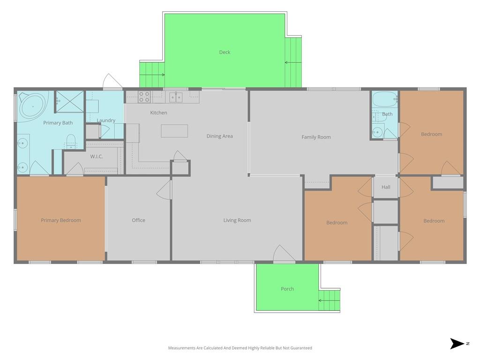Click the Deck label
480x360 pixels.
225,52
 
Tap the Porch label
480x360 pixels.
287,289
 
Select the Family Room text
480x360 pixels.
316,137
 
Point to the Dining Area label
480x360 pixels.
219,136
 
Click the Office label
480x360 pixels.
138,220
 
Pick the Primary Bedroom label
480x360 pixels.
61,220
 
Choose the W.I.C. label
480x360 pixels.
97,157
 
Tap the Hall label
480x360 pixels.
386,187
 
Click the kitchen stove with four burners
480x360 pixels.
144,97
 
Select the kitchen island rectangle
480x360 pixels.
174,131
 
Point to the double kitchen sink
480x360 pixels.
176,97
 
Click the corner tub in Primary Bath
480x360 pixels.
32,106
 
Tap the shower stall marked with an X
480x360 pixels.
69,101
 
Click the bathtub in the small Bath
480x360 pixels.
384,99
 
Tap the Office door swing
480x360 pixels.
164,190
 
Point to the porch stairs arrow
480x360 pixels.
329,300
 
